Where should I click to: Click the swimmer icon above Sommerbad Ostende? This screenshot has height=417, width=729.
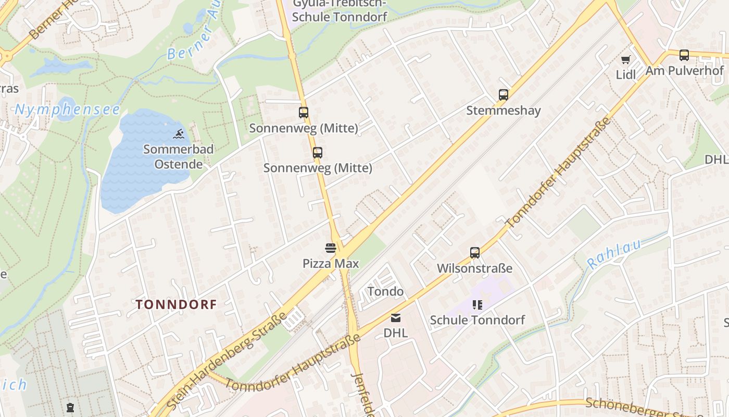tap(178, 134)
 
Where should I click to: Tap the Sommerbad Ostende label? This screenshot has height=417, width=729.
tap(178, 157)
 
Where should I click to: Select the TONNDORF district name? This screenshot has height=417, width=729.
tap(176, 304)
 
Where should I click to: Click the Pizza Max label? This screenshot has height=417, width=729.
tap(331, 264)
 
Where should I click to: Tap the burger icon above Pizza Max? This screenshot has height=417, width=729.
tap(331, 248)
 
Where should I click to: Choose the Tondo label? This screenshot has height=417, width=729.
tap(385, 291)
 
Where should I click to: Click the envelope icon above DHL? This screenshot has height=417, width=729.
tap(396, 317)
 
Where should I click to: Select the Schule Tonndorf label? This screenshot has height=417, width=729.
tap(477, 320)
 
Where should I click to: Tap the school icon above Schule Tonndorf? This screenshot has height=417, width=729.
tap(477, 304)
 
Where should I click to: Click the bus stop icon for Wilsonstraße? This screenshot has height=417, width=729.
tap(474, 253)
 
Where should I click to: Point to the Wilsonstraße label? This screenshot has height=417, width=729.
tap(474, 268)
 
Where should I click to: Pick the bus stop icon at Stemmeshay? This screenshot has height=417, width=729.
tap(503, 95)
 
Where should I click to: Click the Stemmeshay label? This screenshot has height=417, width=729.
tap(503, 111)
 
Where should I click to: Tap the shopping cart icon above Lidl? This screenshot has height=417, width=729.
tap(625, 59)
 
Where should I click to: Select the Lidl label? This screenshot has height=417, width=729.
tap(625, 75)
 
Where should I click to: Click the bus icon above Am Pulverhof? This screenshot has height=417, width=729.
tap(684, 55)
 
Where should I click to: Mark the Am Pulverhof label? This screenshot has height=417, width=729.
tap(684, 70)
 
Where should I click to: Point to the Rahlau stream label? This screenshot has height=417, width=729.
tap(614, 254)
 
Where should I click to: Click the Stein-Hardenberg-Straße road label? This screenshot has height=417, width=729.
tap(228, 360)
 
